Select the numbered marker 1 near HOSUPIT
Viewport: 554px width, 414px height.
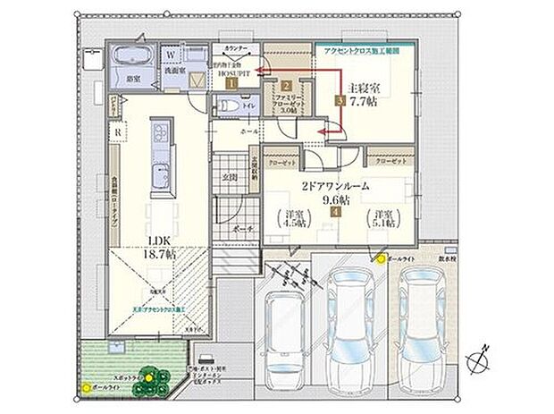(x=231, y=81)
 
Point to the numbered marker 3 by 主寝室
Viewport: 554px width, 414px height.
(x=340, y=101)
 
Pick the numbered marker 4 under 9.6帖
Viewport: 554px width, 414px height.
(x=335, y=213)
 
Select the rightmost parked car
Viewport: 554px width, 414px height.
(x=422, y=317)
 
